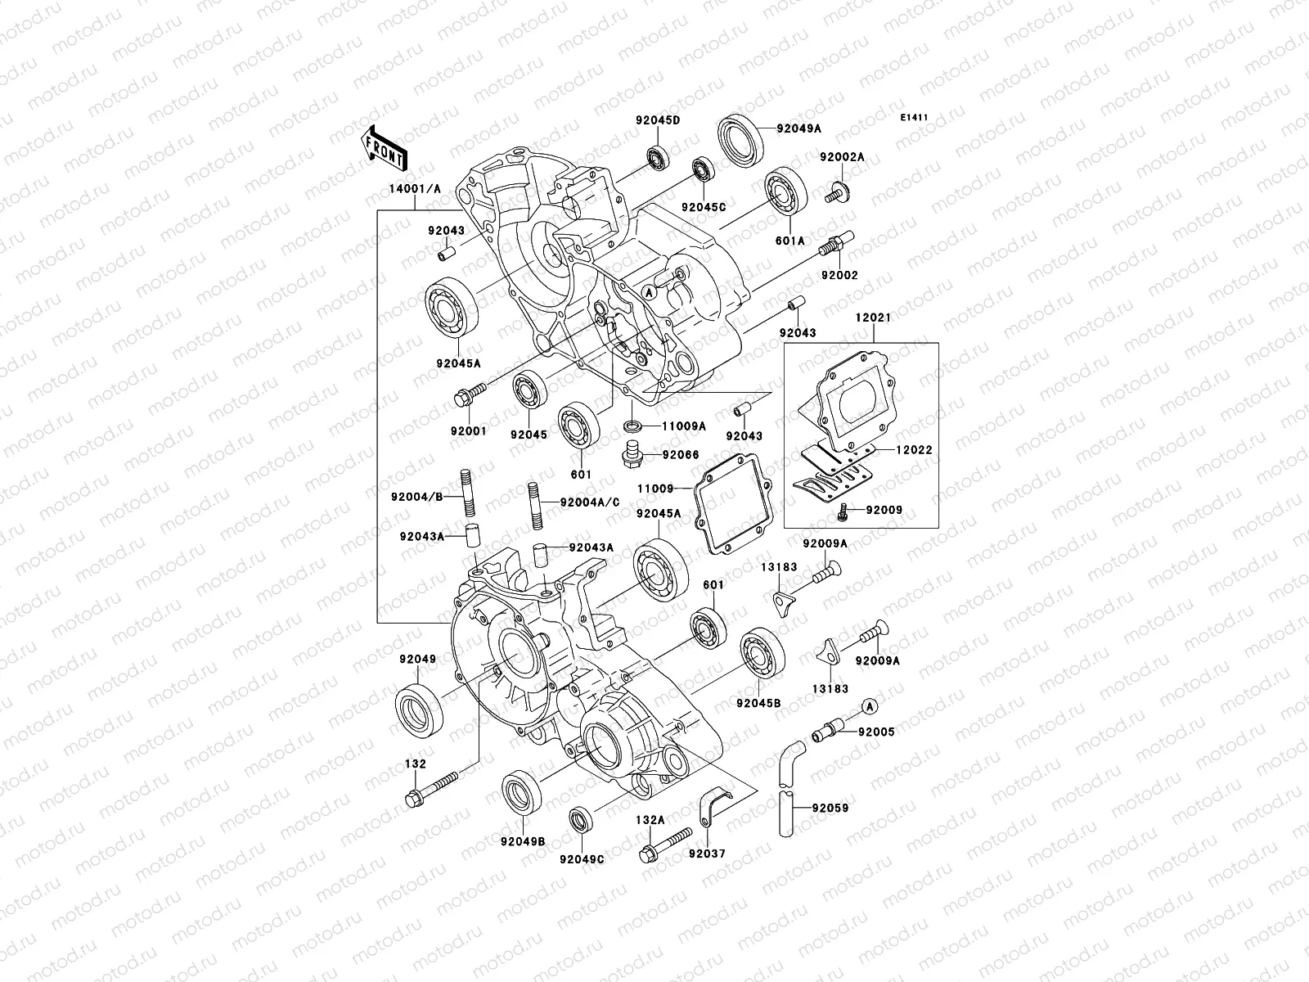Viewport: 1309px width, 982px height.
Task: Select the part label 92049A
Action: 798,128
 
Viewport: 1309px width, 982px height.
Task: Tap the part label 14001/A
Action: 415,188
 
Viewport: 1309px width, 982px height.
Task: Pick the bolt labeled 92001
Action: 468,394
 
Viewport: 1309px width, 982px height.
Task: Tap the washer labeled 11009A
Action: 632,426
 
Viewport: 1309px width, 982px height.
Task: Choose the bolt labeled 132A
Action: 668,848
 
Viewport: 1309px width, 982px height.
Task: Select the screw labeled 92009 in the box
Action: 843,511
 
